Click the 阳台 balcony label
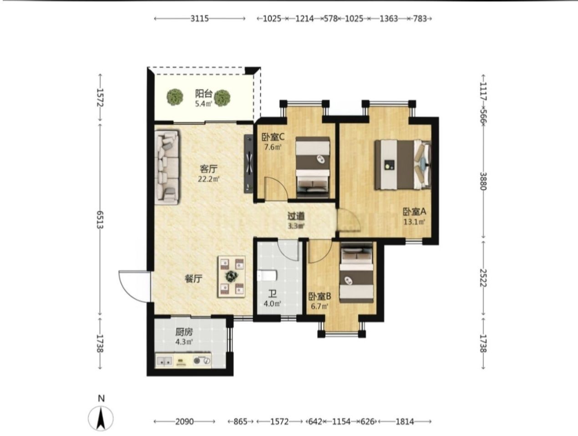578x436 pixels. click(x=203, y=93)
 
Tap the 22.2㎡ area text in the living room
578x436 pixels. click(x=209, y=179)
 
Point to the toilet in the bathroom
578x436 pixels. click(x=267, y=276)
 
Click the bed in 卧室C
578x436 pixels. click(x=313, y=167)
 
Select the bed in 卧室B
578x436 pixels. click(x=356, y=273)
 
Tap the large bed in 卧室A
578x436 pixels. click(x=403, y=165)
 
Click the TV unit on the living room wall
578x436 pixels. click(x=248, y=164)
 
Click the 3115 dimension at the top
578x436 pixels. click(x=200, y=18)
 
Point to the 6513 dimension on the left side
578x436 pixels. click(x=100, y=219)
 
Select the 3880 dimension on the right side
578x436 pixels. click(x=483, y=181)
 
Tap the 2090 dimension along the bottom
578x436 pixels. click(x=185, y=422)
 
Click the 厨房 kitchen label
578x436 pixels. click(x=184, y=332)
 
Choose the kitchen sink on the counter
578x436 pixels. click(x=164, y=361)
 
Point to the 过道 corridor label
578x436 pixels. click(x=296, y=216)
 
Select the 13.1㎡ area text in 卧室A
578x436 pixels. click(x=415, y=222)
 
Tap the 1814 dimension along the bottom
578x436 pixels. click(x=405, y=422)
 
